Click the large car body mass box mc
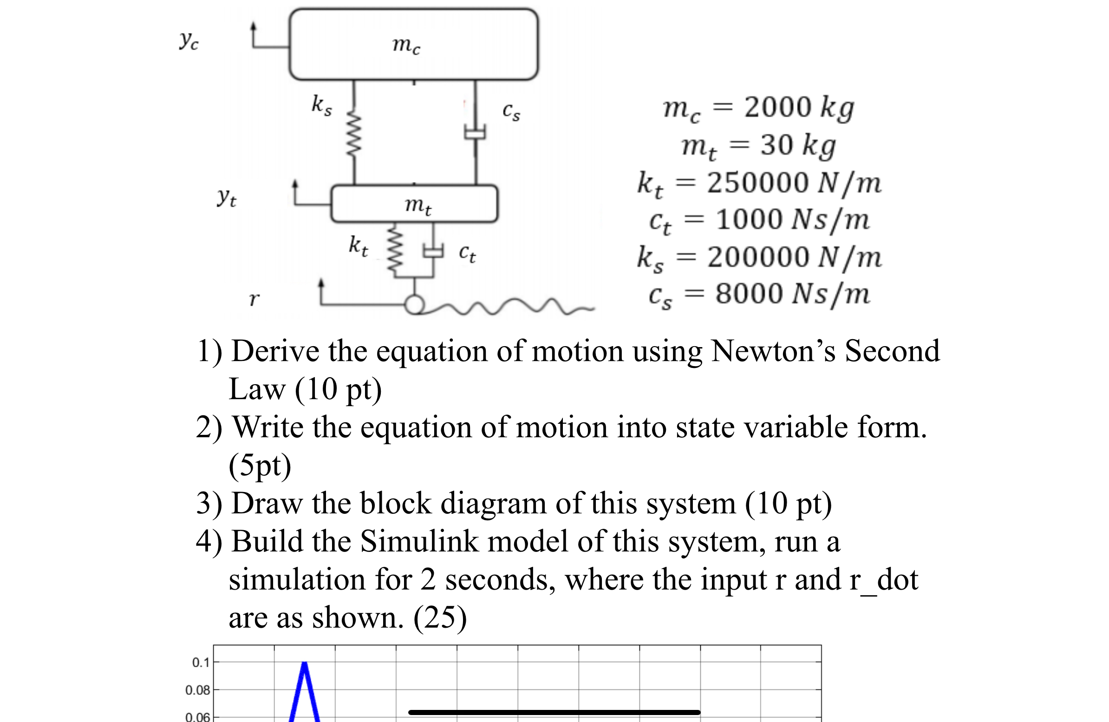pos(413,44)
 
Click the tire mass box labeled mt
pos(414,203)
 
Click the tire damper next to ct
pos(433,252)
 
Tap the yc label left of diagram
pos(189,41)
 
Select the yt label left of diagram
pos(227,197)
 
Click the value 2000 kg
pos(799,108)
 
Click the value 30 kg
pos(798,145)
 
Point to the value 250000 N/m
pos(794,182)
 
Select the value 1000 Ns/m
pos(793,220)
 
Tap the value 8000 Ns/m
pos(793,294)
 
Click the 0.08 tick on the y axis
pos(197,690)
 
